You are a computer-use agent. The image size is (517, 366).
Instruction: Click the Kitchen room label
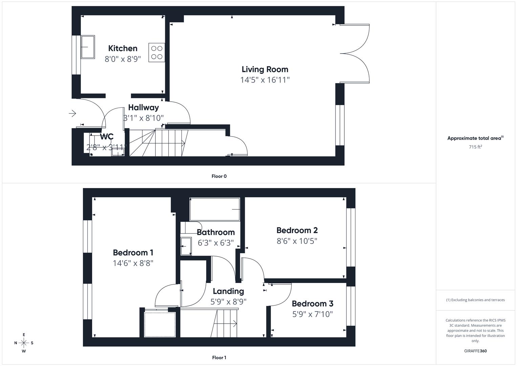click(123, 48)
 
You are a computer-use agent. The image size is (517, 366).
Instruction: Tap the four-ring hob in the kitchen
click(157, 53)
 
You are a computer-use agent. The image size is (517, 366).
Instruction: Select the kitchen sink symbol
click(88, 47)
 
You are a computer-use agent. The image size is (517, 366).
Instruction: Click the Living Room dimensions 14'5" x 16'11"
click(265, 80)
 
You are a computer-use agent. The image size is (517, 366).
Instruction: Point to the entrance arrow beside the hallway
click(72, 113)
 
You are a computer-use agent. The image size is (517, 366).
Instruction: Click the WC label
click(107, 137)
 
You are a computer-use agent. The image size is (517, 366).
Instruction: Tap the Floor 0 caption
click(219, 176)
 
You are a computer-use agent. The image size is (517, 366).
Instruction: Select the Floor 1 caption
click(219, 358)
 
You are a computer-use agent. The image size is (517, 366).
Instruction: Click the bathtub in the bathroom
click(215, 209)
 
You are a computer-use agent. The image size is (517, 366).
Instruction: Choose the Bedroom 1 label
click(133, 253)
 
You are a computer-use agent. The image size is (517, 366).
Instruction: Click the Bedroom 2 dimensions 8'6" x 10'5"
click(297, 241)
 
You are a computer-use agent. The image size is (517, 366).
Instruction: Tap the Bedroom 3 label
click(312, 304)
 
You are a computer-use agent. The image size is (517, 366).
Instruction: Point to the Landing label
click(228, 291)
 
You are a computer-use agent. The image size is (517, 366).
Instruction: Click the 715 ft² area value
click(475, 147)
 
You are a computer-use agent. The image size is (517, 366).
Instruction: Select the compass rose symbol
click(24, 343)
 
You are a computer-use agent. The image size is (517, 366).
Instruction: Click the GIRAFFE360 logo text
click(475, 351)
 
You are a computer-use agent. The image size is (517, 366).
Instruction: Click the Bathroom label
click(216, 232)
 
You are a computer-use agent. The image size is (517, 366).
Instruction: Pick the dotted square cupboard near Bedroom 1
click(160, 324)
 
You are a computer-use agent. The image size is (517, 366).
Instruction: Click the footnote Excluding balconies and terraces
click(475, 300)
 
